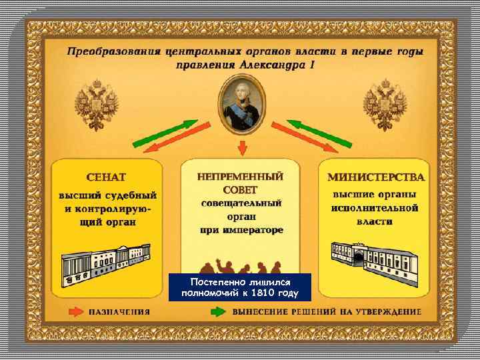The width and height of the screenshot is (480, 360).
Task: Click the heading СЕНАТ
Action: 107,179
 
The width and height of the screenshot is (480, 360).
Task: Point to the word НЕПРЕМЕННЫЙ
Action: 240,177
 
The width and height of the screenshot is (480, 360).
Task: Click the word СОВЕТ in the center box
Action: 240,190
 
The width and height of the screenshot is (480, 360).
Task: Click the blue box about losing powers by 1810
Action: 240,287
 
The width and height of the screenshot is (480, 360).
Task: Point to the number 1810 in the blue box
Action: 268,293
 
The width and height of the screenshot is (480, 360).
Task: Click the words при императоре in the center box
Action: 241,230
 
